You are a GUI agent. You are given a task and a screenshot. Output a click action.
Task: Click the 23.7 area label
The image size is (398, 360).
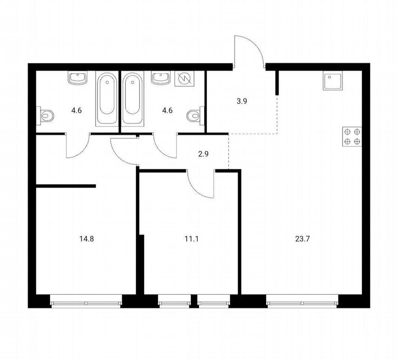[302, 239]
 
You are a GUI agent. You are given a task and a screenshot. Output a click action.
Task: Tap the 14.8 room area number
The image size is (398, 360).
[87, 239]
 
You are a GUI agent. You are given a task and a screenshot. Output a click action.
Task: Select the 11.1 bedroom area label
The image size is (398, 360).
[192, 239]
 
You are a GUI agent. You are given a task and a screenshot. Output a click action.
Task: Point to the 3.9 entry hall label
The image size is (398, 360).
[242, 101]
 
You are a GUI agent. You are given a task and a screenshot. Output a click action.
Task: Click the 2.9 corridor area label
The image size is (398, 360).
[203, 154]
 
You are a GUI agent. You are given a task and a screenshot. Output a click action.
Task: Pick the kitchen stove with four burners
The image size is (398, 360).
[352, 136]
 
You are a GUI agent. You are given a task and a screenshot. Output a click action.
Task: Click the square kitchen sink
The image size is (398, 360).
[332, 80]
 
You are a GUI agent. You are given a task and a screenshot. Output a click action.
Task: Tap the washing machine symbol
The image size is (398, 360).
[184, 79]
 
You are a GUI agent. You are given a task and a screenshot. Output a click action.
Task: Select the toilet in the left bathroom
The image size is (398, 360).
[45, 116]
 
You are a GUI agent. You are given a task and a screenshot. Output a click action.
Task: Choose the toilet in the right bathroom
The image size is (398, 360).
[196, 116]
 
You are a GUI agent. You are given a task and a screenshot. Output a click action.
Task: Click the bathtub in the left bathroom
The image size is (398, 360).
[107, 99]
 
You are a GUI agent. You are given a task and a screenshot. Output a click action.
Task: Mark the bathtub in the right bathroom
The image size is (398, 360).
[133, 99]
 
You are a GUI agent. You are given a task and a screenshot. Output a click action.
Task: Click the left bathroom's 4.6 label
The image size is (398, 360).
[76, 111]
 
